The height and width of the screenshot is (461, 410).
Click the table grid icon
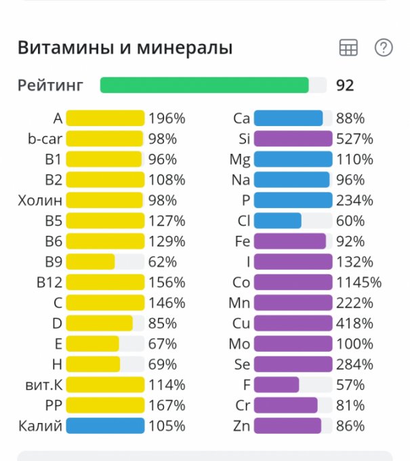click(348, 47)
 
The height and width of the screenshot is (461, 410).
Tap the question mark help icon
click(384, 47)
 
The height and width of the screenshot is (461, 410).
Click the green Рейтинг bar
click(204, 85)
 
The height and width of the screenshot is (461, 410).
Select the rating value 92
click(345, 85)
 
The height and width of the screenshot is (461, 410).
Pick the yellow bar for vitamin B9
click(90, 262)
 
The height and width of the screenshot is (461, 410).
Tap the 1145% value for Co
click(358, 282)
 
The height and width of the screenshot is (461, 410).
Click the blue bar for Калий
click(105, 426)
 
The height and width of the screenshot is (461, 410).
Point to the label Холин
click(40, 201)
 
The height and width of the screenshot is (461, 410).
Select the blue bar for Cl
click(277, 221)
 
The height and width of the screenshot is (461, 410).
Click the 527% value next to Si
click(354, 139)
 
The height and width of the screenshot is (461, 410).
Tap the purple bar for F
click(276, 385)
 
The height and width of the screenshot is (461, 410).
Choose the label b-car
click(45, 139)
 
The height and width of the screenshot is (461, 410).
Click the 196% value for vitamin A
click(167, 119)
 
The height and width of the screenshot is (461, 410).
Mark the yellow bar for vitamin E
click(92, 344)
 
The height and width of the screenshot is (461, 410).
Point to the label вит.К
click(42, 385)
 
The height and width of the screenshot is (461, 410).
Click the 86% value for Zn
click(350, 426)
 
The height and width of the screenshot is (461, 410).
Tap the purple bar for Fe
click(289, 241)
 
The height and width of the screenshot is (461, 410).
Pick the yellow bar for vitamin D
click(99, 323)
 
